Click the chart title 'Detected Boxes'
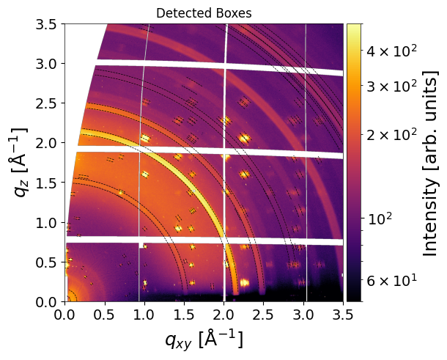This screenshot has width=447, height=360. (204, 13)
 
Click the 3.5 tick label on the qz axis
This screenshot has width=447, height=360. (45, 24)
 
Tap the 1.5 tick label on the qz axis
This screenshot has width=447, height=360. (45, 183)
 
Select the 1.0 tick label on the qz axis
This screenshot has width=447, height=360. (45, 223)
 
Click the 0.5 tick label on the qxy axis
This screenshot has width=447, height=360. (105, 315)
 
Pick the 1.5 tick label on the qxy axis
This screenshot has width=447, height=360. (184, 315)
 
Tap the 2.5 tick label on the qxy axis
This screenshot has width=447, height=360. (263, 315)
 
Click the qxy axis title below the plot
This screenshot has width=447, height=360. (204, 339)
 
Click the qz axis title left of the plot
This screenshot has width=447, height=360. (20, 163)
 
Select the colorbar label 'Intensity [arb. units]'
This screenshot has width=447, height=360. (429, 163)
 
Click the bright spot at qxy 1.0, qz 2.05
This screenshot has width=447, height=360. (145, 139)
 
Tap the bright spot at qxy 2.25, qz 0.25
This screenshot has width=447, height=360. (244, 283)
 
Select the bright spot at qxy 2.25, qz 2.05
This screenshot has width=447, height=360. (244, 139)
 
